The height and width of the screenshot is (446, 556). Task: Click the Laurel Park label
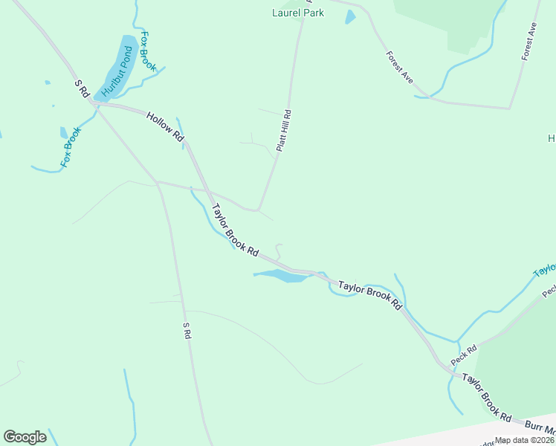298,13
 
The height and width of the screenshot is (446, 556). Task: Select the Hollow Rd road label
165,126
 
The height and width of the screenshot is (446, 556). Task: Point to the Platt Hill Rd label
283,131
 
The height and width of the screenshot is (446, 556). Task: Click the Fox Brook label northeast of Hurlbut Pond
148,51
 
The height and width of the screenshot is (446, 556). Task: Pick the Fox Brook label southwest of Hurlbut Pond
71,146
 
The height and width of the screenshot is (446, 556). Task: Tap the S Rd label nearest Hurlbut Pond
82,88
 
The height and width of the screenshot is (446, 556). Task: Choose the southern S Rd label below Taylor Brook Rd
187,331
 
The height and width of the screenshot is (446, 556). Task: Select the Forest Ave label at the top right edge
529,41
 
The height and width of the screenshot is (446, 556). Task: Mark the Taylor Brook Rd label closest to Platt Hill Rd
234,230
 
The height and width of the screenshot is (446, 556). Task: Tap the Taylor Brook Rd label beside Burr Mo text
487,398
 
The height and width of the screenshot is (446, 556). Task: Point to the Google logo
25,436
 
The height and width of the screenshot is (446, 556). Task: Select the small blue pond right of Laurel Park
351,16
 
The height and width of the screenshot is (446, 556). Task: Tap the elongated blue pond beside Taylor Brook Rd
282,276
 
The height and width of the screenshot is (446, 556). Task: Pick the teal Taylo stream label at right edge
545,268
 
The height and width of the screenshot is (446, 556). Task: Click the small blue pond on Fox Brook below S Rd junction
64,132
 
